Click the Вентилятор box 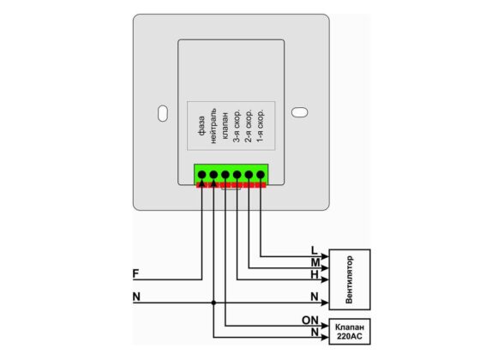tap(350, 279)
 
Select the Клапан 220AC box tap(350, 332)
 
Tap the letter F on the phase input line tap(135, 273)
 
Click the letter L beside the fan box tap(314, 250)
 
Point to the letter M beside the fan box tap(315, 262)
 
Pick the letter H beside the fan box tap(315, 274)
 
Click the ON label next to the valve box tap(310, 321)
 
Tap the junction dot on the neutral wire tap(213, 303)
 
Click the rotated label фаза tap(201, 126)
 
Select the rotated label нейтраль tap(213, 125)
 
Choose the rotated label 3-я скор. tap(237, 125)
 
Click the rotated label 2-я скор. tap(249, 125)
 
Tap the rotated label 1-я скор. tap(260, 125)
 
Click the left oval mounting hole tap(163, 113)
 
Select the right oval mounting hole tap(299, 112)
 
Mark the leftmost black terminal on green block tap(201, 175)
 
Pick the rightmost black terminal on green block tap(261, 175)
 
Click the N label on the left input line tap(136, 297)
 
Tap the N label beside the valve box tap(315, 332)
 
